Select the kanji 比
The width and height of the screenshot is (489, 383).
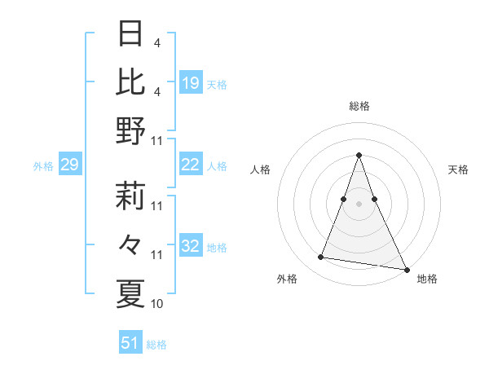click(131, 81)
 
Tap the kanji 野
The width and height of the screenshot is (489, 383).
click(131, 130)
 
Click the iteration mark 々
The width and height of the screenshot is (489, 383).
click(131, 244)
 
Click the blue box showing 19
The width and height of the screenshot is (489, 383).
click(190, 82)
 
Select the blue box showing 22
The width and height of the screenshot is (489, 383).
click(190, 165)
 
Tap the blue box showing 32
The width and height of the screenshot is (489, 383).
click(190, 247)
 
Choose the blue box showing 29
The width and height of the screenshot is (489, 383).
click(69, 165)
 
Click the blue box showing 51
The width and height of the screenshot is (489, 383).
click(130, 343)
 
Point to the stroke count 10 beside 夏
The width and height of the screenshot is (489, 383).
click(157, 304)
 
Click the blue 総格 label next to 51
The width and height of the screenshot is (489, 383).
click(157, 345)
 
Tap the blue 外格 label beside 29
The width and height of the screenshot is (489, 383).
click(43, 166)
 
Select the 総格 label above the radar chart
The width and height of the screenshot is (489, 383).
click(359, 106)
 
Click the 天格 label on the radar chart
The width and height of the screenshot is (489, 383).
click(458, 169)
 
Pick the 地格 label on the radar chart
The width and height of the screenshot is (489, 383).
click(427, 280)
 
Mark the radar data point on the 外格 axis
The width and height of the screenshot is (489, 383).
click(321, 258)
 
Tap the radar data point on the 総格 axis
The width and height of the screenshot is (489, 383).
click(359, 155)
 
